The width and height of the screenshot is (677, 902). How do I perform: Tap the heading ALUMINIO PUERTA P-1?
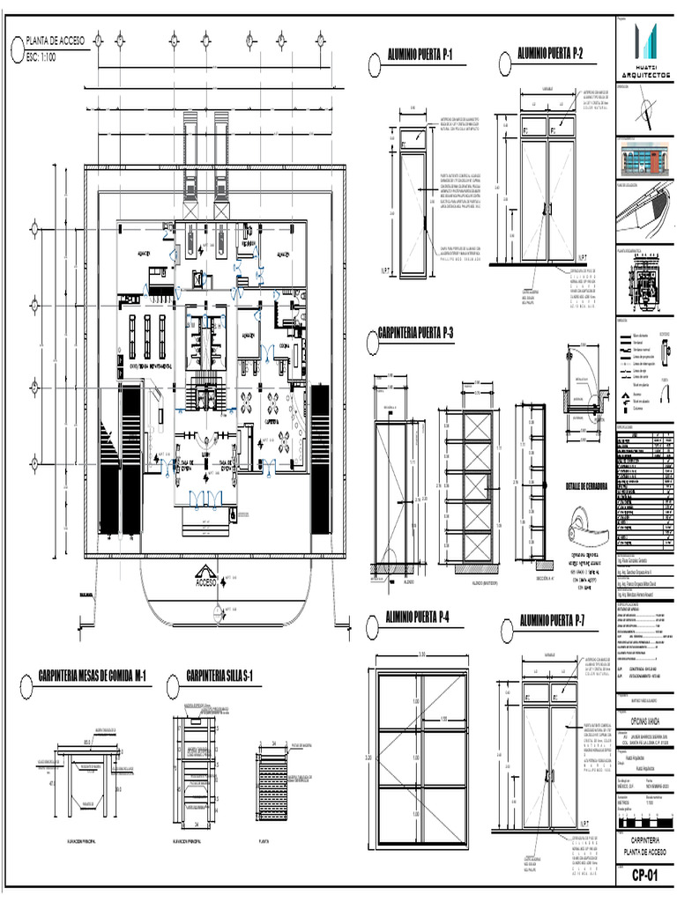420,56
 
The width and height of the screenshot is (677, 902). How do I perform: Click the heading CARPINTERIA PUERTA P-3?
414,333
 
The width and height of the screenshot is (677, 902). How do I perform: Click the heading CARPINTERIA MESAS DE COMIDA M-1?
92,676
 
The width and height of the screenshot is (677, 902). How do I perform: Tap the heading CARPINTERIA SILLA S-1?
219,676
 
